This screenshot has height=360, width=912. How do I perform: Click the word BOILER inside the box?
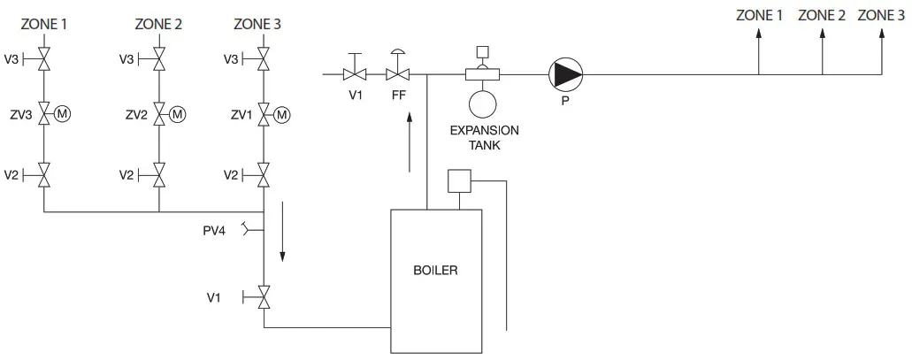[436, 270]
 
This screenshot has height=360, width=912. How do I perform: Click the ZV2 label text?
[136, 114]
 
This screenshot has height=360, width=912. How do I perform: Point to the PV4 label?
[214, 232]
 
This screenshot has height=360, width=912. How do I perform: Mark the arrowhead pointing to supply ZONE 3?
[880, 34]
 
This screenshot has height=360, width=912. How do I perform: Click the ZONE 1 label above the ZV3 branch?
[44, 24]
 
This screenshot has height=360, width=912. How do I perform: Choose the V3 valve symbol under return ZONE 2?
[159, 59]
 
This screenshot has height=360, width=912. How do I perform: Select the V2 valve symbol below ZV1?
[264, 175]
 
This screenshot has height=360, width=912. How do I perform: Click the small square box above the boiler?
[460, 180]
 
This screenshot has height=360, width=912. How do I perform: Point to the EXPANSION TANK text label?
[484, 137]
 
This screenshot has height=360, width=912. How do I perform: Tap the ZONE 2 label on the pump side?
[822, 15]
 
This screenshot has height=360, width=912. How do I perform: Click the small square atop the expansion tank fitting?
[483, 50]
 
